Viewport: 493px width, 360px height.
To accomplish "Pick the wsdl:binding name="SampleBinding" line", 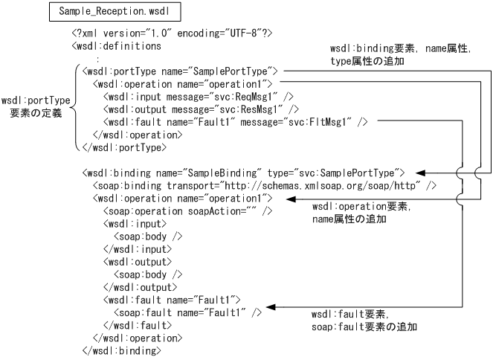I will (243, 173).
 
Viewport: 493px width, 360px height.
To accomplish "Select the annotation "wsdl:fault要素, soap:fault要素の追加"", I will (364, 321).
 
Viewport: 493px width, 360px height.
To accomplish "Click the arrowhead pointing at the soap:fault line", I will (271, 306).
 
